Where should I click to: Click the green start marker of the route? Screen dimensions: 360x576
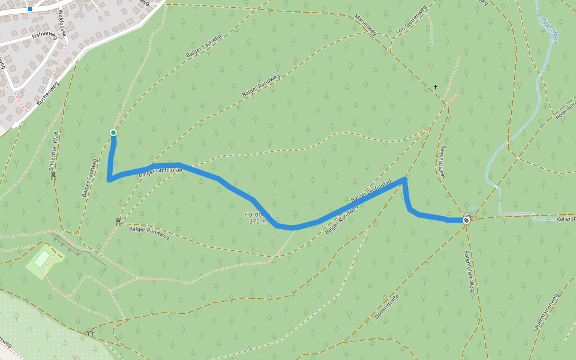pos(113,133)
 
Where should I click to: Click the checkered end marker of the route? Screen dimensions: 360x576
pos(466,220)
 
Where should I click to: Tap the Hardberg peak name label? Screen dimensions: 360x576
pos(257,214)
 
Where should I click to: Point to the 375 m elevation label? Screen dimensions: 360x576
pos(257,221)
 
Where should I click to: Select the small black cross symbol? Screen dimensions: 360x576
pos(436,88)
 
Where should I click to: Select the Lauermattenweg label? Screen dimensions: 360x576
pos(545,313)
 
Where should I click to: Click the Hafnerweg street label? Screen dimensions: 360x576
pos(44,36)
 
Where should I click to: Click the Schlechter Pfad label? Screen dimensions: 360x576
pos(54,149)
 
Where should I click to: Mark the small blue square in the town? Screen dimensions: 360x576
pos(29,9)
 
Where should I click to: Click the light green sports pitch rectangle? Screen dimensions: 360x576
pos(42,259)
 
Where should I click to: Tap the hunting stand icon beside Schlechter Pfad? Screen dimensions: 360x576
pos(53,175)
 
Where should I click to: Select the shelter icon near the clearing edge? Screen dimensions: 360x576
pos(91,332)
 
